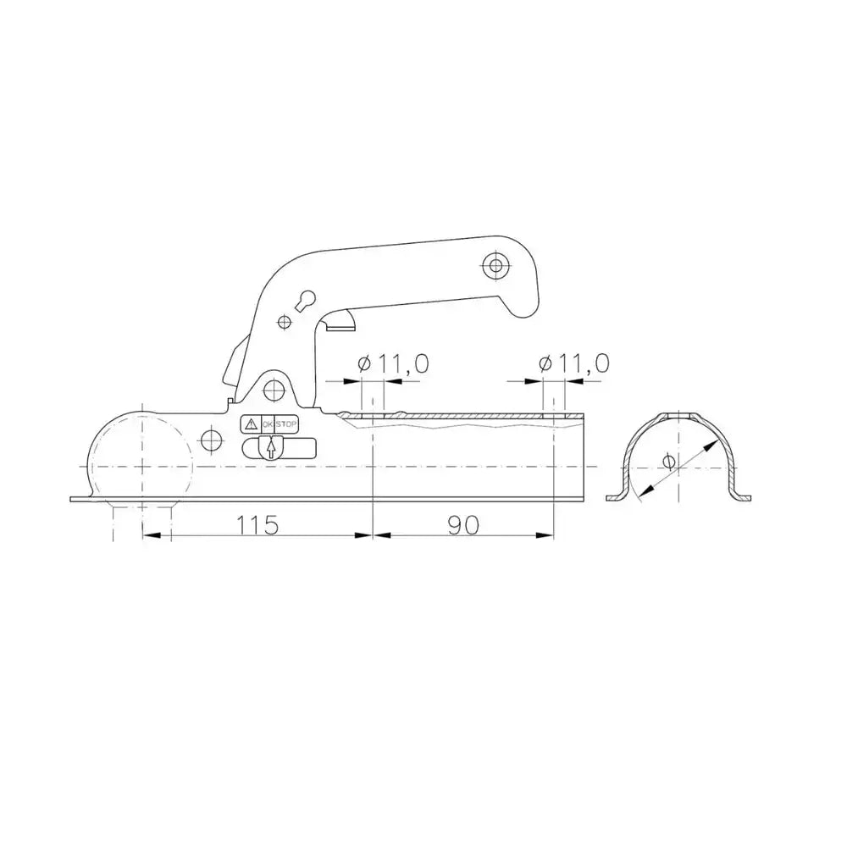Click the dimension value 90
(463, 524)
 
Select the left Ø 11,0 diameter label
(393, 363)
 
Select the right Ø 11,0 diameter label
(574, 363)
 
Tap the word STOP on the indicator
(286, 424)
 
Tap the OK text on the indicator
(268, 424)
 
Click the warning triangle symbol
(250, 424)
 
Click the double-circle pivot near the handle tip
(495, 265)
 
